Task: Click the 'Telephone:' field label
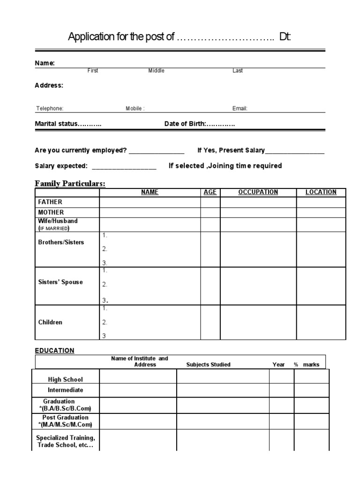[x=50, y=109]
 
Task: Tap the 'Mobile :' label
[x=135, y=109]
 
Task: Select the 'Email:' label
[x=240, y=109]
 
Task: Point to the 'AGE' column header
[x=210, y=192]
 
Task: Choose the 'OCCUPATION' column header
[x=258, y=192]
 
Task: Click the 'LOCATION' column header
[x=321, y=192]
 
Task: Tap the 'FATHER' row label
[x=50, y=202]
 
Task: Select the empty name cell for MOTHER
[x=150, y=212]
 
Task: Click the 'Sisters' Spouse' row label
[x=60, y=282]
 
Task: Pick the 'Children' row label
[x=50, y=322]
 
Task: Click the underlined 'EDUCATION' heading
[x=54, y=351]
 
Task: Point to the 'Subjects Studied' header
[x=208, y=365]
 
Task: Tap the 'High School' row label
[x=66, y=379]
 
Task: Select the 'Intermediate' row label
[x=66, y=390]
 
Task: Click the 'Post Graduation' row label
[x=66, y=418]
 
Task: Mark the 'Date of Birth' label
[x=185, y=124]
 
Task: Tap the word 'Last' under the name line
[x=238, y=71]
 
